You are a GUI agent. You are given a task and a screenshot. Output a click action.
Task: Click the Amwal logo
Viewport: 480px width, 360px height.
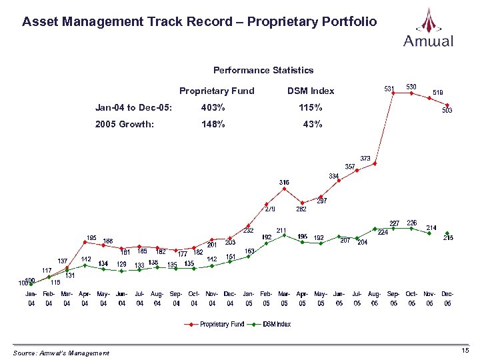point(428,27)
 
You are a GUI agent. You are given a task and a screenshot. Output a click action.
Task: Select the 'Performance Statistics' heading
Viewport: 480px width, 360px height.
point(263,70)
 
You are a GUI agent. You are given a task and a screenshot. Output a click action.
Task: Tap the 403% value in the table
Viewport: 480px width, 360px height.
point(213,108)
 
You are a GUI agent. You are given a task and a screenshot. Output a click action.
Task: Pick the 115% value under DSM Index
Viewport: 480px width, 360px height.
point(310,108)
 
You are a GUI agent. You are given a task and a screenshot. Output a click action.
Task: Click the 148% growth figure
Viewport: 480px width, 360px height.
point(213,124)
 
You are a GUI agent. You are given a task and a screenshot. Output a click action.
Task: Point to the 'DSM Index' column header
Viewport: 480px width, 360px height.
point(310,91)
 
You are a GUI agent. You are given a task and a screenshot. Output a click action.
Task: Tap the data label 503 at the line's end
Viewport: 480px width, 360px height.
point(447,111)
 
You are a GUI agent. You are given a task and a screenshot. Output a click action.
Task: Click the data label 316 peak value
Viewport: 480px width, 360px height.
point(284,181)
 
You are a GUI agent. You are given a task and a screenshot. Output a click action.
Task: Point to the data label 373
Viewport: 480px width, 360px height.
point(366,158)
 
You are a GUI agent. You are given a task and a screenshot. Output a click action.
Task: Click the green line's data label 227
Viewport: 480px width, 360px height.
point(395,223)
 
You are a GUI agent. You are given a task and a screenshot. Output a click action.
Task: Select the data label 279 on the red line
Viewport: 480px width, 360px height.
point(271,209)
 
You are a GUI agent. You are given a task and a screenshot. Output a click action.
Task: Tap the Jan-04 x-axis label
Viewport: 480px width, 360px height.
point(31,298)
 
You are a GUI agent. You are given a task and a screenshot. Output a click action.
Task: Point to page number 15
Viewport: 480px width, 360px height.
point(465,351)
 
